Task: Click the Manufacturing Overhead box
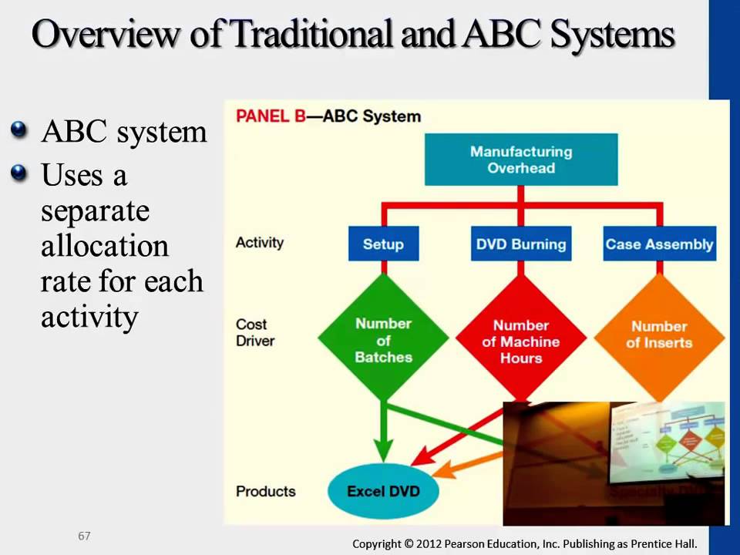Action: coord(521,160)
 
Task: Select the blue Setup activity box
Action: coord(383,244)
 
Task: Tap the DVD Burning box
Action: coord(521,244)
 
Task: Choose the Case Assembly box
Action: coord(659,244)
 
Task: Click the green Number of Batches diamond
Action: coord(383,340)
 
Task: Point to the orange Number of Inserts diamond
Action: coord(659,335)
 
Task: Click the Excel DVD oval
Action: coord(383,491)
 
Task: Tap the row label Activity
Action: coord(260,242)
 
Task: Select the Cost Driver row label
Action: coord(255,332)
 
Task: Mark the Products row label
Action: coord(265,491)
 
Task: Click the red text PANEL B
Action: coord(269,116)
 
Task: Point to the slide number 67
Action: coord(84,536)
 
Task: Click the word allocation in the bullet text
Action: coord(105,247)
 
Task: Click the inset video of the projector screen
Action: coord(614,462)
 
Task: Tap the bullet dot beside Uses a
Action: coord(21,173)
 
